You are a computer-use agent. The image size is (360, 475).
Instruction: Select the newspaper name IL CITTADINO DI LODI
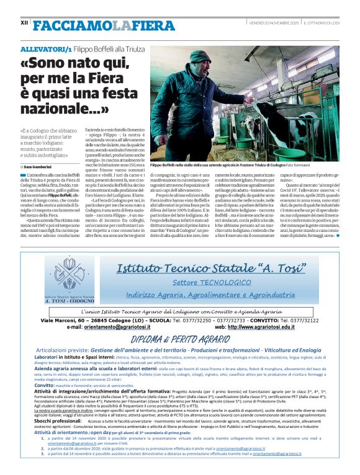click(x=321, y=22)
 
